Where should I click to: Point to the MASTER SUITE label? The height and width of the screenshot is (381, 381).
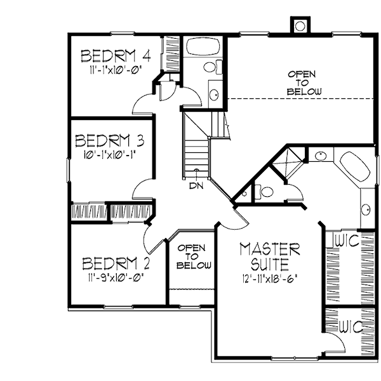pyautogui.click(x=269, y=255)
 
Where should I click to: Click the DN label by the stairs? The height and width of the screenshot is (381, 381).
pyautogui.click(x=196, y=186)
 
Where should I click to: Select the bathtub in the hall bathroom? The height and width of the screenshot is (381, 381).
pyautogui.click(x=202, y=48)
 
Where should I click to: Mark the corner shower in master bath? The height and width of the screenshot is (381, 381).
pyautogui.click(x=288, y=161)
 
